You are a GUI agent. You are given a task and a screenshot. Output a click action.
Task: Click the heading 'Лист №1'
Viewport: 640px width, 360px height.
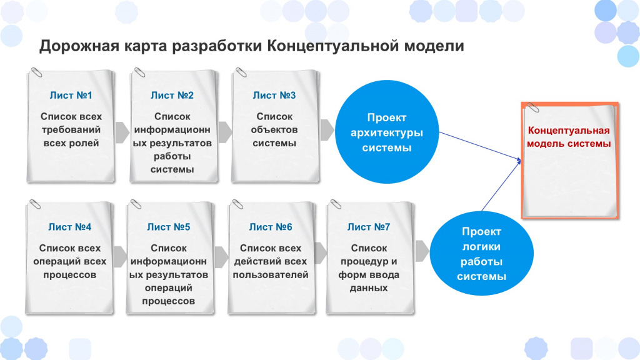point(71,95)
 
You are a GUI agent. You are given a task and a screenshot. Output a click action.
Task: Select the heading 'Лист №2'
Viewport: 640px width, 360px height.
point(172,95)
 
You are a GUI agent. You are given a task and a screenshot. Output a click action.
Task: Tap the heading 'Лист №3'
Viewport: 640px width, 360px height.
point(274,95)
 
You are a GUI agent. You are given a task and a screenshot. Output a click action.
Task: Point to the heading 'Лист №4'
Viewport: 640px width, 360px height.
point(70,227)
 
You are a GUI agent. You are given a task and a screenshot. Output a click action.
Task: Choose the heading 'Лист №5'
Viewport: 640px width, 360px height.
point(169,227)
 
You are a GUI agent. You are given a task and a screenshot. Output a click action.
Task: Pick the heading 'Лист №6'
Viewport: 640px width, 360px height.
point(271,227)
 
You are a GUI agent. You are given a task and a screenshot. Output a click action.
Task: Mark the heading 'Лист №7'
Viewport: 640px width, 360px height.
point(369,227)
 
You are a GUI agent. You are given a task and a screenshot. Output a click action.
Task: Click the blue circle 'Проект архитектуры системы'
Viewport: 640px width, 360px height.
point(386,132)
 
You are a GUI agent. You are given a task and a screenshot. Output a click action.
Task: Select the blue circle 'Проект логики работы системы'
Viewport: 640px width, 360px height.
point(482,253)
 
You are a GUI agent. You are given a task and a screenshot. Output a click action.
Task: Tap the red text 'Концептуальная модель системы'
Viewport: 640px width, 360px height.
point(569,137)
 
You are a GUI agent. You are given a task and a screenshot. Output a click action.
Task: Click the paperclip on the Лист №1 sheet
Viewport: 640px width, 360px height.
point(36,72)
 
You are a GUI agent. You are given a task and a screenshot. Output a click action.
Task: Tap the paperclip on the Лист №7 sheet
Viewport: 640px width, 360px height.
point(336,204)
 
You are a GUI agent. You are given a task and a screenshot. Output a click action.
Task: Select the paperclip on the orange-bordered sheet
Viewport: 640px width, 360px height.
point(532,107)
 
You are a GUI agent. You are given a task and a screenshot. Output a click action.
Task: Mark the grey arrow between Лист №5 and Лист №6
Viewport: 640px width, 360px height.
point(221,257)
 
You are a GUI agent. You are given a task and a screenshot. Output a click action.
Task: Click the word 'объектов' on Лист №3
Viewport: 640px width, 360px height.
point(274,130)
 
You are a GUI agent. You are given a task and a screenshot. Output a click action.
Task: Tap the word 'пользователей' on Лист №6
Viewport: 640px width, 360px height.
point(271,275)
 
